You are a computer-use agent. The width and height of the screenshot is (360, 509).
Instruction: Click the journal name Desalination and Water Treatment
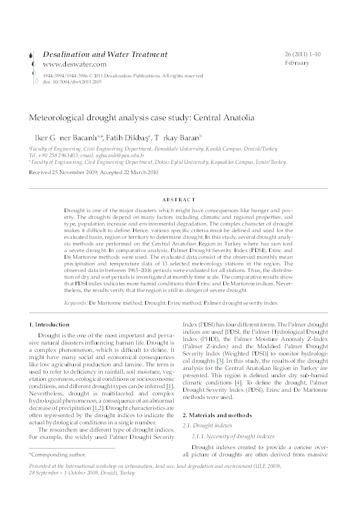(105, 54)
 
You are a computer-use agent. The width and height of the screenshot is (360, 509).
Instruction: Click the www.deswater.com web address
(74, 64)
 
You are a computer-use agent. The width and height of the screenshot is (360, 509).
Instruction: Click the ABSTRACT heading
(180, 199)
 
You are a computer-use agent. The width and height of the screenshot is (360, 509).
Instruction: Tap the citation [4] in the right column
(239, 382)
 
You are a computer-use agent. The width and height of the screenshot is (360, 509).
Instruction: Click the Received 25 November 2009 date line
(93, 172)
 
